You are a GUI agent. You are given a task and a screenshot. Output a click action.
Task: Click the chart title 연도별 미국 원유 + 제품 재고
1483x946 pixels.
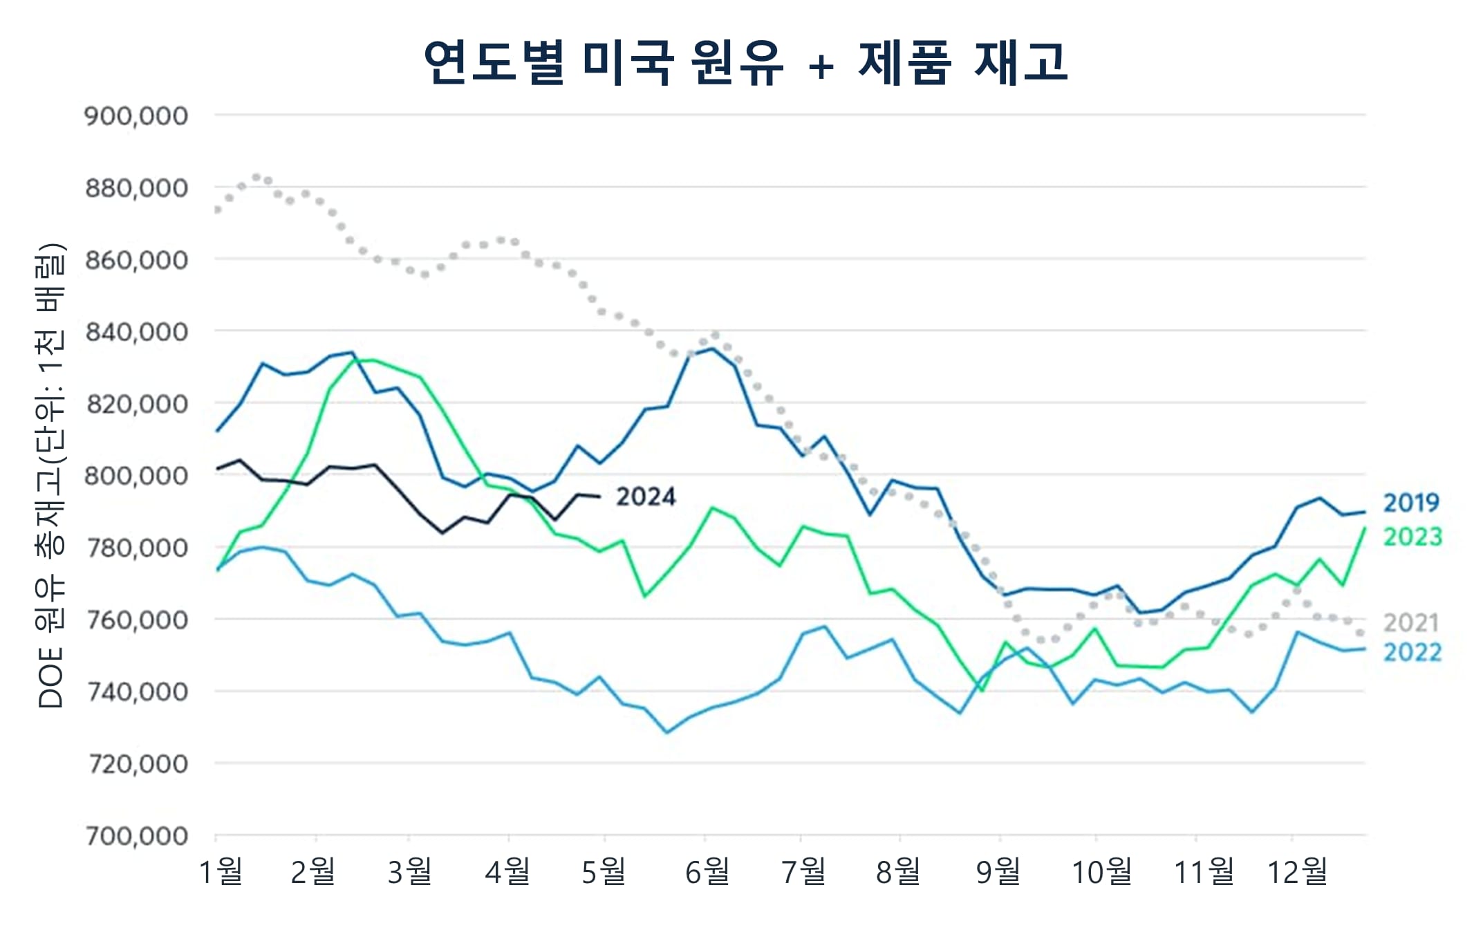coord(745,62)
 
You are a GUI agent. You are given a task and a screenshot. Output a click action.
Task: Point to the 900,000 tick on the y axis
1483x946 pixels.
coord(136,116)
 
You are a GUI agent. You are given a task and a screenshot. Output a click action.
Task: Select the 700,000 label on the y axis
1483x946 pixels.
coord(136,836)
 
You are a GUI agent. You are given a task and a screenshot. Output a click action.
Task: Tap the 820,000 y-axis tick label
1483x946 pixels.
coord(136,404)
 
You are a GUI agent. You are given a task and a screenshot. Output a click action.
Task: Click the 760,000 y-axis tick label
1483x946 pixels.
coord(136,620)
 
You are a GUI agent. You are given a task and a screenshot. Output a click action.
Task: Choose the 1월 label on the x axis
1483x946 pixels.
coord(221,872)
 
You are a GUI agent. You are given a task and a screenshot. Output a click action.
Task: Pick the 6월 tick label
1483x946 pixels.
coord(707,872)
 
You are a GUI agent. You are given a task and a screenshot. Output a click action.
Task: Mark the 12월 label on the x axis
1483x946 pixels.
coord(1297,872)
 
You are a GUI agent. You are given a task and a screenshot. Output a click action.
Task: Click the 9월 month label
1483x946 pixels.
coord(998,872)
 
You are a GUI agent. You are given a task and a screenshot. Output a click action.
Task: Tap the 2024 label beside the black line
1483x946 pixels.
coord(646,497)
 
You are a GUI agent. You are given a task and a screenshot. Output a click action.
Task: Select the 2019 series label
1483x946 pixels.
coord(1411,503)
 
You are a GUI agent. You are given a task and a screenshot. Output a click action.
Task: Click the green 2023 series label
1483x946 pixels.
coord(1412,537)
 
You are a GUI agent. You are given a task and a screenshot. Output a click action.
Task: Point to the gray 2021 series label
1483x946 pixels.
coord(1410,623)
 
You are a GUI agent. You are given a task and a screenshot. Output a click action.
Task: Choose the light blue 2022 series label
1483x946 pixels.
coord(1412,652)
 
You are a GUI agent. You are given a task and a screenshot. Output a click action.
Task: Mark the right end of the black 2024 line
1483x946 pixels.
coord(599,497)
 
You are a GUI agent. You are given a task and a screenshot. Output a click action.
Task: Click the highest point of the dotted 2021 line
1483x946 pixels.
coord(257,177)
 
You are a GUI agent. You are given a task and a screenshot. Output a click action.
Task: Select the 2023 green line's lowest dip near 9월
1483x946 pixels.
coord(982,690)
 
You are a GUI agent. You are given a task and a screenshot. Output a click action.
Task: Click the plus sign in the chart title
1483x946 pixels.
coord(821,67)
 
